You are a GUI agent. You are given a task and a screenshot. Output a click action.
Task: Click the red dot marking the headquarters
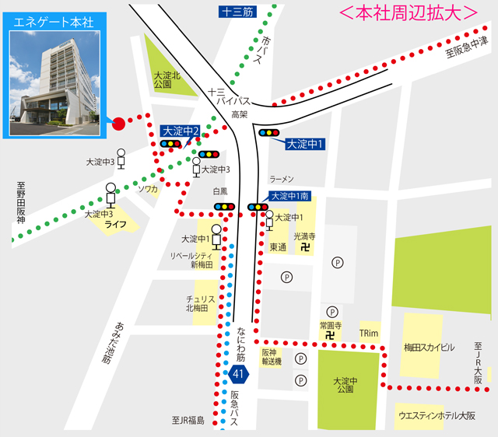click(x=118, y=123)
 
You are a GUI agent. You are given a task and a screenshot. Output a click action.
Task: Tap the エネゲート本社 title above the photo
click(x=54, y=21)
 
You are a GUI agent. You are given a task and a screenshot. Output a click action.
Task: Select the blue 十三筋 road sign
click(x=237, y=11)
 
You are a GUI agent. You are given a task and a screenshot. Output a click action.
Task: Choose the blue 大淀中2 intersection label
click(x=181, y=131)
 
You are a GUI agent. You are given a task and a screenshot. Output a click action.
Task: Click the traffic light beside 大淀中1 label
click(x=269, y=132)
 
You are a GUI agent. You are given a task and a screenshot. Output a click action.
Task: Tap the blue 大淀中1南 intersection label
click(x=290, y=196)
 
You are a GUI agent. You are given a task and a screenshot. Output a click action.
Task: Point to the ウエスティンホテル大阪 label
click(x=437, y=415)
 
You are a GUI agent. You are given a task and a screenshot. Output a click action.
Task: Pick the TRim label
click(x=369, y=333)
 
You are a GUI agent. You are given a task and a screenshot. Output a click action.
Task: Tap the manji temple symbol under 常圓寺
click(x=331, y=334)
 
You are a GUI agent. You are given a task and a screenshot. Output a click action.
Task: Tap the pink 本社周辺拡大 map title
click(x=409, y=13)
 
